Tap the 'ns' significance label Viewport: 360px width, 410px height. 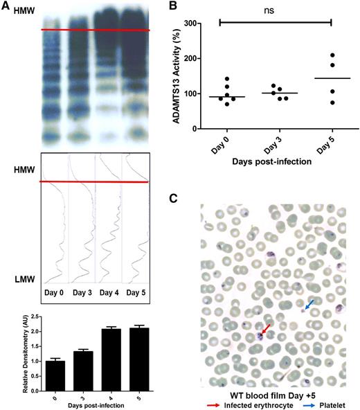(x=276, y=11)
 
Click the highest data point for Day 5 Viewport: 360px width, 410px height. (x=332, y=55)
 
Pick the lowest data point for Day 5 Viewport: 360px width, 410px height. (x=332, y=102)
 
